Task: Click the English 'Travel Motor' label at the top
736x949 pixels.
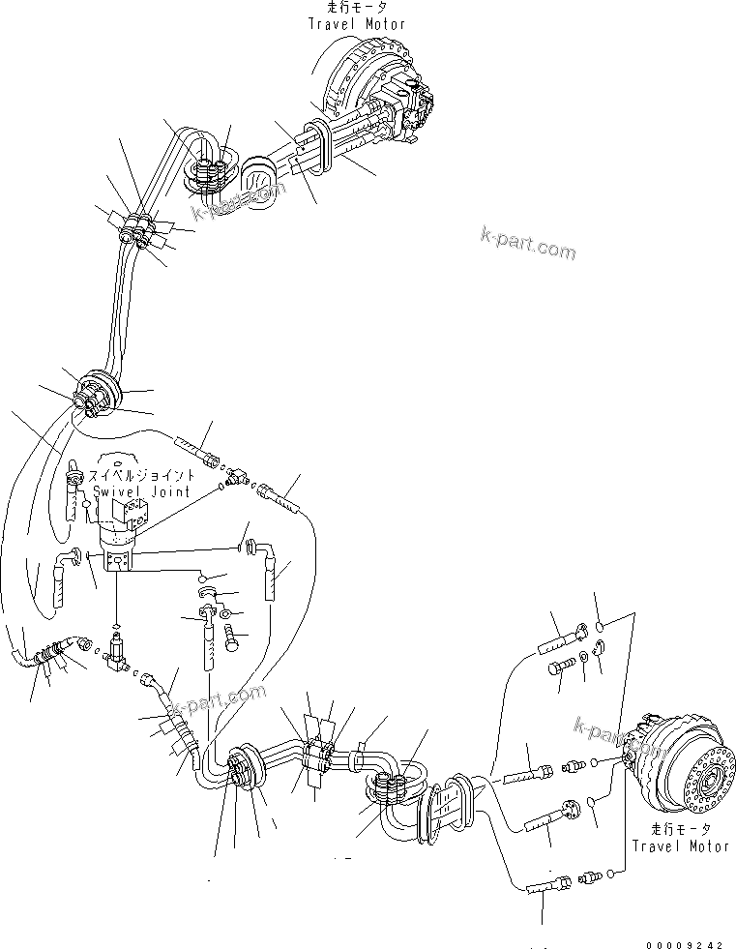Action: [357, 23]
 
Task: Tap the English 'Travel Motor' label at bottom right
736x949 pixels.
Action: [681, 845]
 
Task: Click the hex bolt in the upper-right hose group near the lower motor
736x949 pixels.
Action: [560, 667]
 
